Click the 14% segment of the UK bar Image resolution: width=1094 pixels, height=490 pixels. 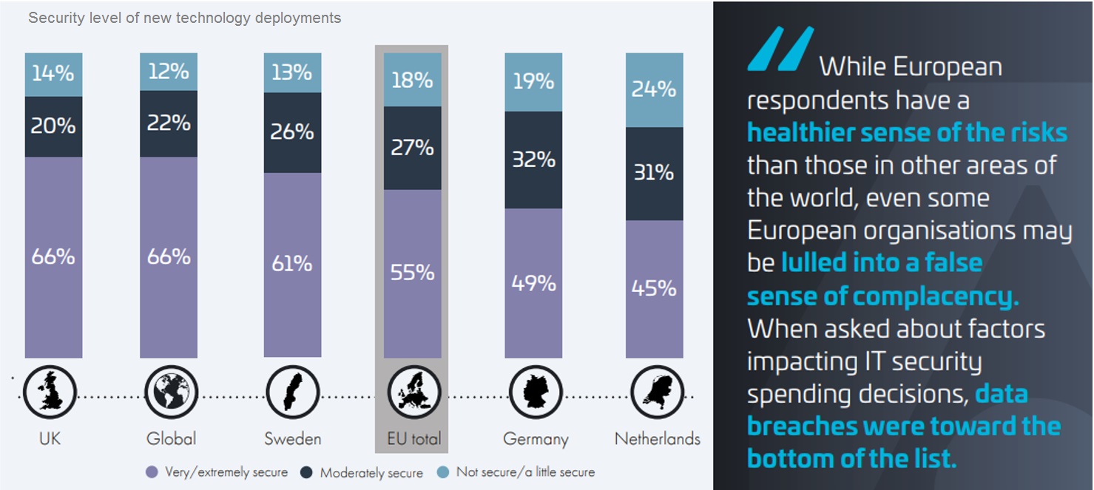tap(53, 74)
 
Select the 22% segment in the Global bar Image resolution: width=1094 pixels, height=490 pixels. tap(169, 123)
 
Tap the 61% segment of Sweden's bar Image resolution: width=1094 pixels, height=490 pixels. tap(292, 265)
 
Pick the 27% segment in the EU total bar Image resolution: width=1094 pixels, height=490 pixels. tap(412, 148)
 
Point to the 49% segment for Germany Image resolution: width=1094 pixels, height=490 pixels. tap(533, 283)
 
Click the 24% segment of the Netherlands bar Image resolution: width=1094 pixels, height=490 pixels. tap(654, 89)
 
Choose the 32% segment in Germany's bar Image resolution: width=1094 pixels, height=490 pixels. tap(533, 160)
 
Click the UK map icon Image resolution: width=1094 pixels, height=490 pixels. tap(50, 392)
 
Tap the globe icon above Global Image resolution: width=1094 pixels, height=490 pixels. tap(171, 392)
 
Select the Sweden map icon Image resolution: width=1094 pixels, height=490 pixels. tap(293, 392)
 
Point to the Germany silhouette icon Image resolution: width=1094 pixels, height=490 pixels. tap(536, 392)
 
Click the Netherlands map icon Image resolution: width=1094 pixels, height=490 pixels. tap(657, 392)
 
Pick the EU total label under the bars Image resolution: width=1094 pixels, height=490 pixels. tap(413, 439)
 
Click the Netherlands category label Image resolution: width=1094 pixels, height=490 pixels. tap(657, 439)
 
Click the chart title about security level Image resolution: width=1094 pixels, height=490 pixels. tap(184, 18)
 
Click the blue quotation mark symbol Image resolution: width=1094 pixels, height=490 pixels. tap(780, 49)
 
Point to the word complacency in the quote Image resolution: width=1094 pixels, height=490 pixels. tap(936, 296)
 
